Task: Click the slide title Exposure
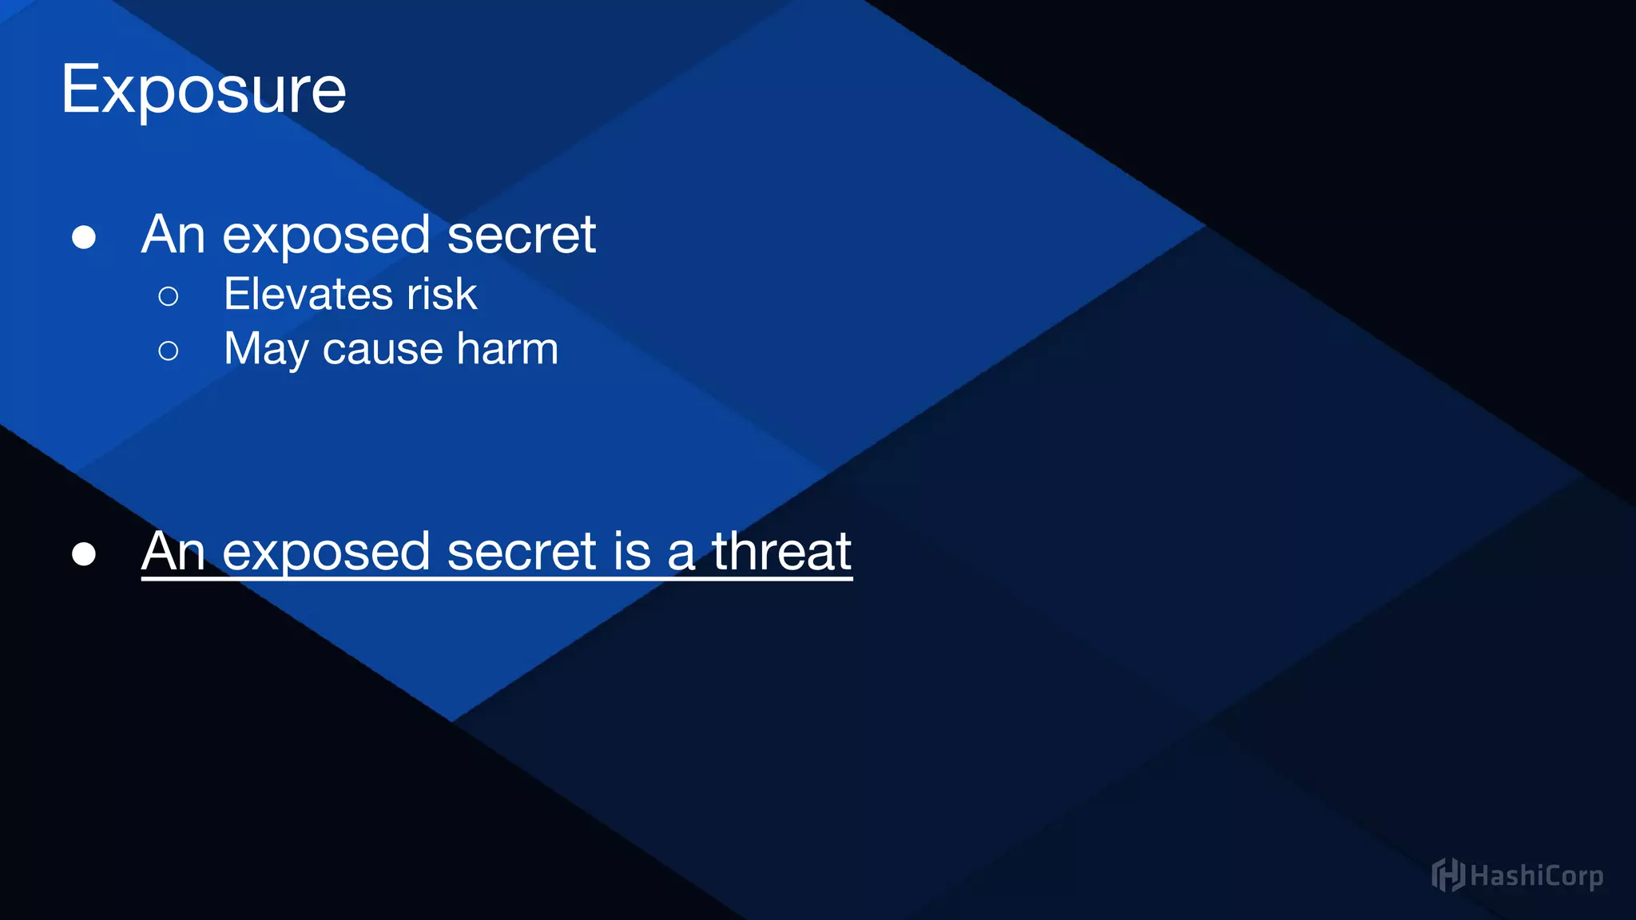tap(204, 89)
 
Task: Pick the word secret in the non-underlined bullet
tap(521, 235)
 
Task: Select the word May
tap(266, 350)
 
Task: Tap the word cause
tap(383, 350)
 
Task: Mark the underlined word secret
tap(521, 551)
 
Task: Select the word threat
tap(781, 551)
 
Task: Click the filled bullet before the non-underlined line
tap(84, 237)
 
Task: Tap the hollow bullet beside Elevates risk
tap(169, 296)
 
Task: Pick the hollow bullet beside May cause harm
tap(169, 351)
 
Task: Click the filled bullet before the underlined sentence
tap(84, 553)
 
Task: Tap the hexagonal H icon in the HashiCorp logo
tap(1447, 875)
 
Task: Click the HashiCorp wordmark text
tap(1536, 876)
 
